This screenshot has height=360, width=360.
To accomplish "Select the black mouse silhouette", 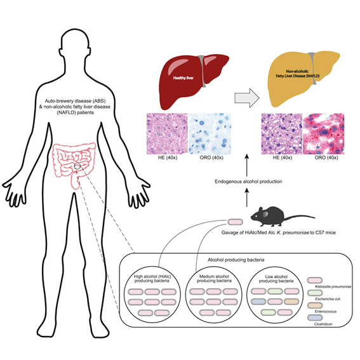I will tap(270, 217).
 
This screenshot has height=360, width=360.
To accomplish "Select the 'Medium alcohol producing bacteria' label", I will tap(213, 279).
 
